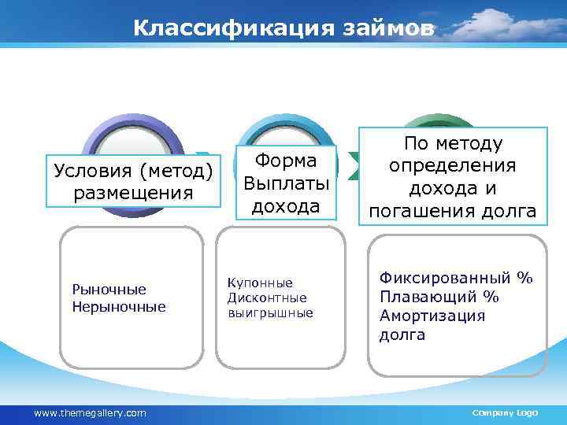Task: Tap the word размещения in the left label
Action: pyautogui.click(x=132, y=193)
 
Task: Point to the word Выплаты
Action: pyautogui.click(x=286, y=183)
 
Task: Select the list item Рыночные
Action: pyautogui.click(x=109, y=290)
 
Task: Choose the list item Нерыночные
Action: pyautogui.click(x=118, y=306)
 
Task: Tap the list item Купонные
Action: pyautogui.click(x=259, y=283)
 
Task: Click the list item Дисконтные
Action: pyautogui.click(x=267, y=297)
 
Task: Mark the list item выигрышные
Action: pyautogui.click(x=269, y=312)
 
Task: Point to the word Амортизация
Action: pyautogui.click(x=432, y=316)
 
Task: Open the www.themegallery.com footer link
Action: pyautogui.click(x=89, y=412)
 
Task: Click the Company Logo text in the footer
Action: pyautogui.click(x=504, y=412)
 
